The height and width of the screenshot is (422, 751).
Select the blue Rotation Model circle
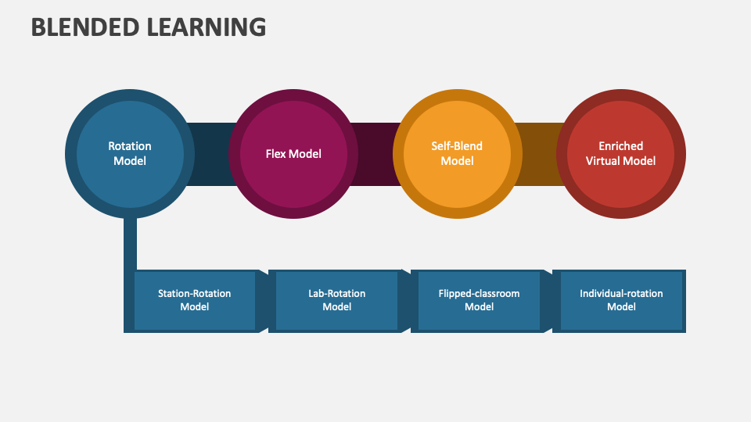coord(130,154)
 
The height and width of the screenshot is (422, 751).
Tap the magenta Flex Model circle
coord(293,154)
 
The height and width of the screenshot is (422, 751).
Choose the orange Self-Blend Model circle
coord(457,154)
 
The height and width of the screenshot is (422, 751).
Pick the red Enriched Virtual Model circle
coord(621,154)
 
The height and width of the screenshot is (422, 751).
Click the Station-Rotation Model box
coord(195,300)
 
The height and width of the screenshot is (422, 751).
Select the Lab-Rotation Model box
coord(336,300)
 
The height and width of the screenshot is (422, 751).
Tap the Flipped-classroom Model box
coord(479,300)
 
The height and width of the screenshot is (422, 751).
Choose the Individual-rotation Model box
coord(621,300)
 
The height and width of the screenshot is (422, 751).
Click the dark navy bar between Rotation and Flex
coord(207,154)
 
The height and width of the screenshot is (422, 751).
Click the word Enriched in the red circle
coord(621,146)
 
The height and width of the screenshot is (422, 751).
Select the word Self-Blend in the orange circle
coord(457,146)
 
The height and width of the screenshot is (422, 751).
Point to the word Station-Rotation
coord(195,294)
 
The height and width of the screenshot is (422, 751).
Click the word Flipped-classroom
coord(479,294)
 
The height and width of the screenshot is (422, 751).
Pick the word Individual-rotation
coord(621,294)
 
